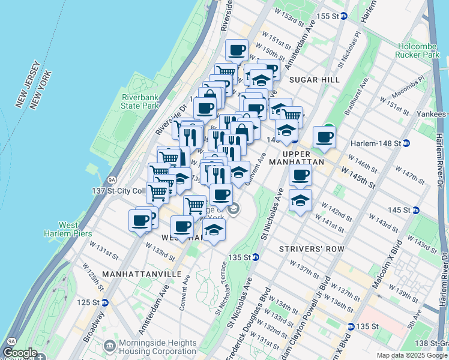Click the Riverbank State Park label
[x=140, y=101]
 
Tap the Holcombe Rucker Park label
[x=418, y=49]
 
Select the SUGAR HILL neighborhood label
[x=314, y=80]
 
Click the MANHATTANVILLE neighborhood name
[x=142, y=274]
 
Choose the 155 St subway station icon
[x=344, y=16]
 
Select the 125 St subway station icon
[x=104, y=302]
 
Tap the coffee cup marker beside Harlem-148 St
[x=324, y=137]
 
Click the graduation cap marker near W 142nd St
[x=300, y=200]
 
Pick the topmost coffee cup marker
[x=237, y=50]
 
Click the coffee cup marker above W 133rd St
[x=182, y=227]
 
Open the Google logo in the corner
[x=20, y=353]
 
